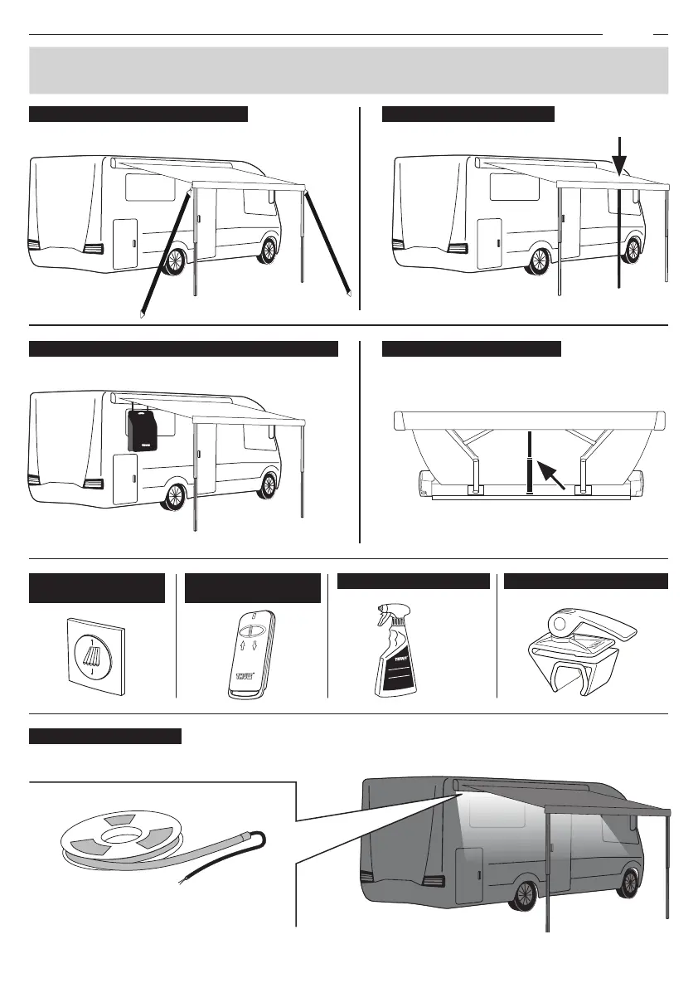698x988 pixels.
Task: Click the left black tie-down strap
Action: pos(166,253)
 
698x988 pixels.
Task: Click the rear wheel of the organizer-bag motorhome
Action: pos(175,496)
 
